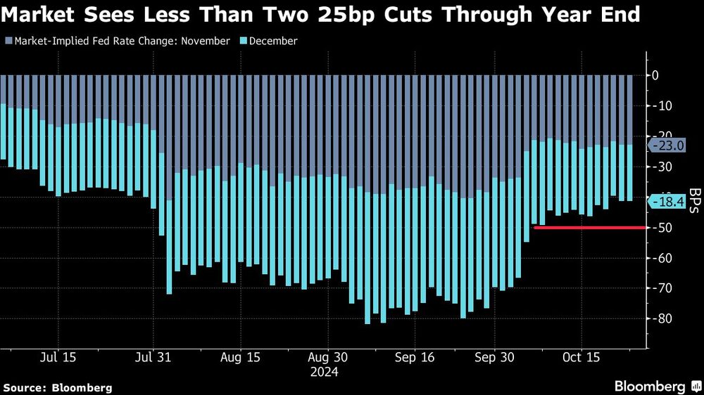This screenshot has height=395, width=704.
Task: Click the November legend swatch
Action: (x=8, y=41)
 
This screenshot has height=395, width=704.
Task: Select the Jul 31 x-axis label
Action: (x=152, y=357)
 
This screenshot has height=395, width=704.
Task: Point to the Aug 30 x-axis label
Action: (x=328, y=357)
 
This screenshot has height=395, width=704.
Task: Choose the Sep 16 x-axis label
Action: (x=415, y=357)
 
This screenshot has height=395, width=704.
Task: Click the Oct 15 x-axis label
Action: (x=581, y=357)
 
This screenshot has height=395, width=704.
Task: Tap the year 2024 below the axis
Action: (x=325, y=373)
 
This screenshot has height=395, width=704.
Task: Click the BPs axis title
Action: (x=694, y=200)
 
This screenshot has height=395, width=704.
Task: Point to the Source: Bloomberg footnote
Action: (x=57, y=387)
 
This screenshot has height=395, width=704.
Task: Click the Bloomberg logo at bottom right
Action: (x=655, y=387)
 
